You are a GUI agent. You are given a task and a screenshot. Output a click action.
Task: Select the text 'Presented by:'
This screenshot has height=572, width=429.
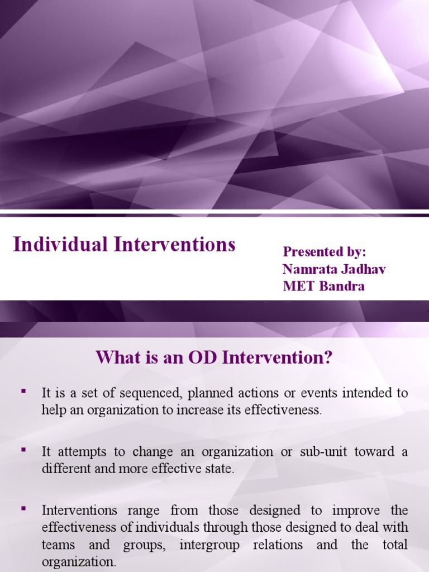pos(324,251)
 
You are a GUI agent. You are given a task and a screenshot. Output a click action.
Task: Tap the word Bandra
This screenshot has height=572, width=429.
pos(342,287)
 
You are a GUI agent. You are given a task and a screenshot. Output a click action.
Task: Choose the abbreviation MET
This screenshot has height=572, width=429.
pos(298,287)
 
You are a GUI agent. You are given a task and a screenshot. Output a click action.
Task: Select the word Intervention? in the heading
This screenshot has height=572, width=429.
pos(277,357)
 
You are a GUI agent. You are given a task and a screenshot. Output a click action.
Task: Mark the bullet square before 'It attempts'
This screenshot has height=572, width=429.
pos(23,449)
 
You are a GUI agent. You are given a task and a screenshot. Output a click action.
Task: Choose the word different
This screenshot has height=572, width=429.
pos(65,469)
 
